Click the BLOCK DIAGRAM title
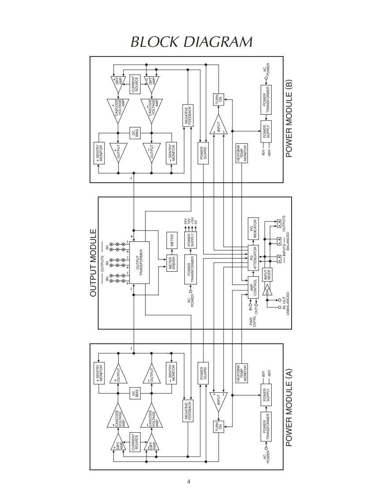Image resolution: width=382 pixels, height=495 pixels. (x=191, y=42)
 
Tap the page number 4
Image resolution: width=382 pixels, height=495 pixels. (x=189, y=481)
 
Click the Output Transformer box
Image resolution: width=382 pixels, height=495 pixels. (x=139, y=262)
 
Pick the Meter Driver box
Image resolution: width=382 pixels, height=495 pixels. (x=172, y=263)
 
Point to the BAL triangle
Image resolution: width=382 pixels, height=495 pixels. (x=268, y=290)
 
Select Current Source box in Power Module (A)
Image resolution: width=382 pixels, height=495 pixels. (x=135, y=442)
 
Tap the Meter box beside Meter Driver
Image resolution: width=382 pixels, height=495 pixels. (x=172, y=240)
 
